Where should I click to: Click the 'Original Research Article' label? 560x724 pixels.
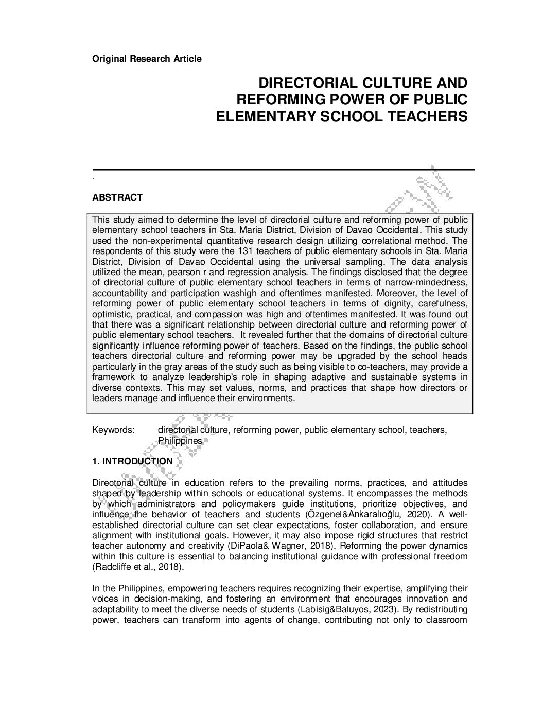pos(147,59)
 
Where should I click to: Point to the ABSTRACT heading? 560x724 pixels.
pos(117,197)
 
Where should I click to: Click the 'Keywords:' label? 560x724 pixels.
pos(113,430)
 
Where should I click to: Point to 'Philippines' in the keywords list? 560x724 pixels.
pos(180,441)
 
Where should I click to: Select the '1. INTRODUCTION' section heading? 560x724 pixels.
pos(132,461)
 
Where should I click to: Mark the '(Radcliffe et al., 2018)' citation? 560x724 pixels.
pos(137,567)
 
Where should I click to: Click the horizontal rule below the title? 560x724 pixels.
pos(283,169)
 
